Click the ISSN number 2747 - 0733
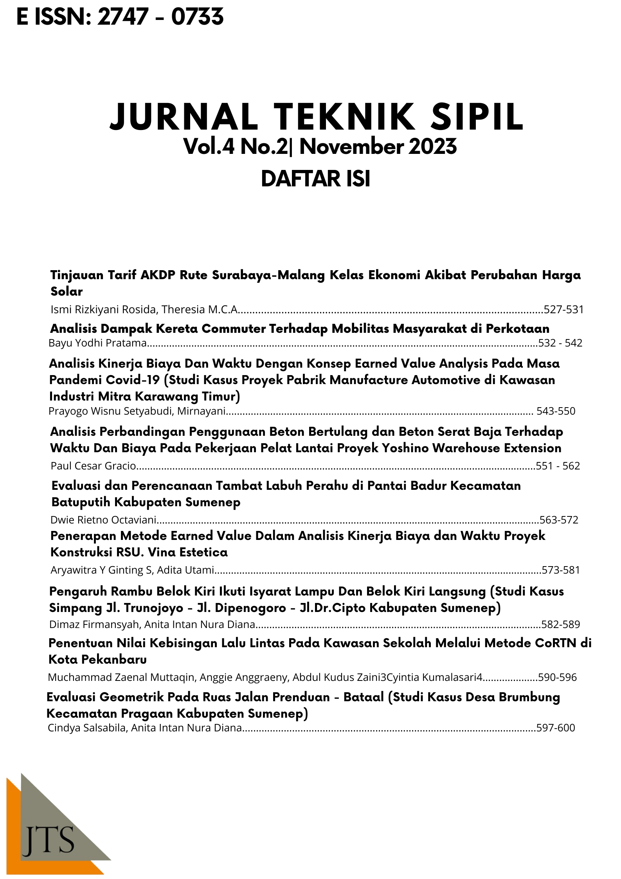point(160,18)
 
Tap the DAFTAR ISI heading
point(315,179)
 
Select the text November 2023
point(378,147)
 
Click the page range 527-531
point(563,310)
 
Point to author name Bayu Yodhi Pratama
point(97,343)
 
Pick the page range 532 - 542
point(560,343)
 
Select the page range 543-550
point(556,411)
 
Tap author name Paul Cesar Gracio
point(93,466)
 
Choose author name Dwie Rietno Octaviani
point(103,520)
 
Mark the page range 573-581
point(560,570)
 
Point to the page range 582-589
point(560,625)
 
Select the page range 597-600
point(556,728)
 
